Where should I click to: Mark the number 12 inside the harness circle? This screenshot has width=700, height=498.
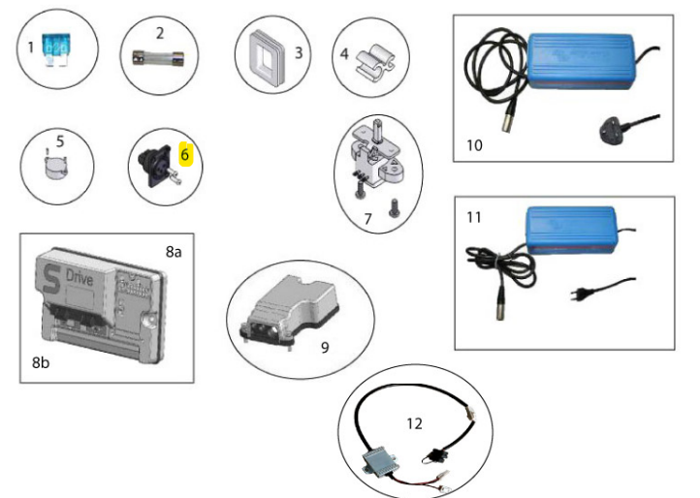(x=416, y=423)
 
